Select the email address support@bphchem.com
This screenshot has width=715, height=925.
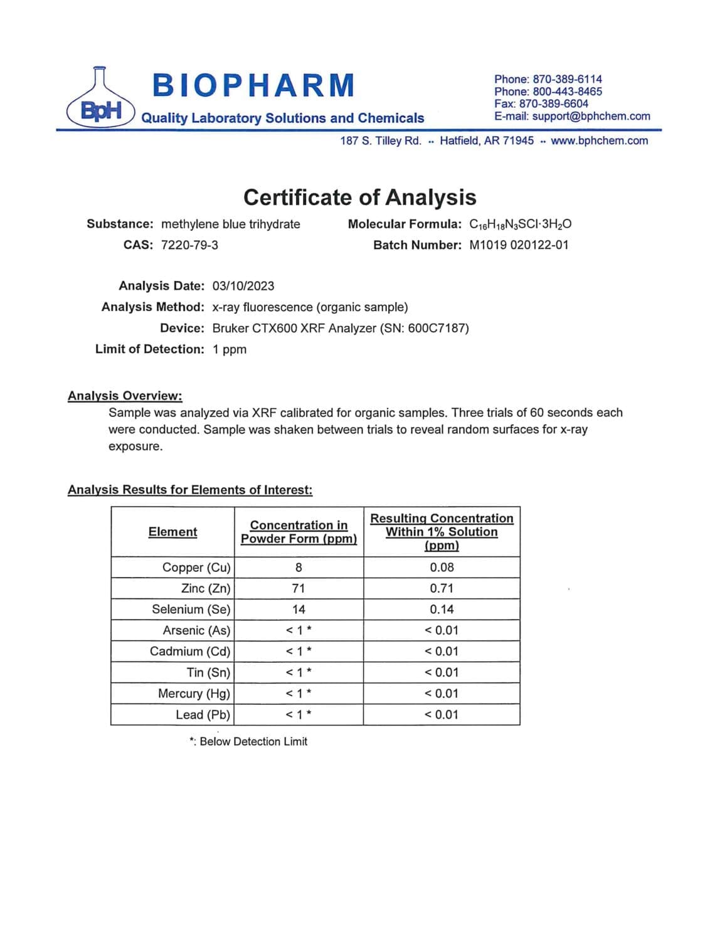(591, 116)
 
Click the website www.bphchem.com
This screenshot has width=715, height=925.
(599, 140)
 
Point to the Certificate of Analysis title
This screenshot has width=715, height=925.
(359, 197)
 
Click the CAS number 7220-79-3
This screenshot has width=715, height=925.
(189, 245)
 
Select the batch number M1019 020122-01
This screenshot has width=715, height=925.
(519, 245)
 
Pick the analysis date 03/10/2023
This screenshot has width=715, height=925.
(243, 286)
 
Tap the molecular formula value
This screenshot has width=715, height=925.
(520, 224)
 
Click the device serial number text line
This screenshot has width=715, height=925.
(341, 328)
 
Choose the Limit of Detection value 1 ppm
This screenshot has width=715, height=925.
(230, 349)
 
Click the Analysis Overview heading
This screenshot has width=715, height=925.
(125, 396)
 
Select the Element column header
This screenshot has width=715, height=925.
(172, 532)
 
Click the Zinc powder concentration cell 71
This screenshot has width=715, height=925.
(299, 588)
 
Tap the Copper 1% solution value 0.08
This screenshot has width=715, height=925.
(442, 567)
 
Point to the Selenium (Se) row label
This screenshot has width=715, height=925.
(191, 609)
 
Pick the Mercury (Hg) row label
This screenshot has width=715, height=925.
(194, 693)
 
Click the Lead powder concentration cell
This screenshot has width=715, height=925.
(299, 714)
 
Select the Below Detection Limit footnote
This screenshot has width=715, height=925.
(248, 741)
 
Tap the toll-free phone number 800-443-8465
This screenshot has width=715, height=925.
(567, 92)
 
